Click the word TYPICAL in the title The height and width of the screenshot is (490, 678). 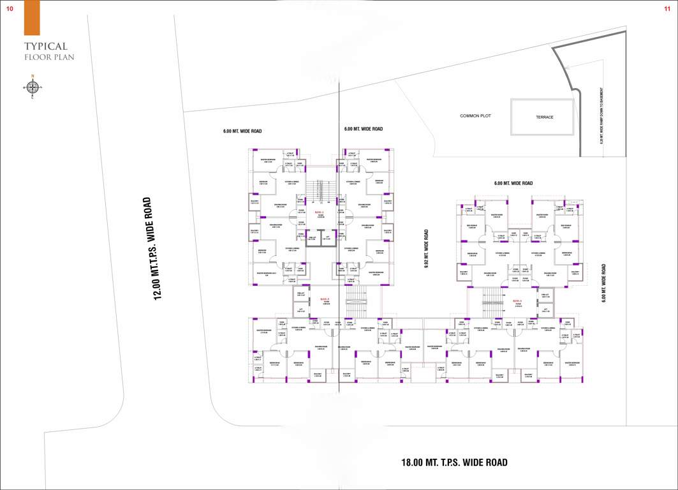tap(46, 47)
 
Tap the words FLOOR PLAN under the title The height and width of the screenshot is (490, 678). tap(49, 57)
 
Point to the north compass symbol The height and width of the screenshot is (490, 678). tap(32, 87)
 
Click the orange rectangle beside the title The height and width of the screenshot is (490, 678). tap(32, 17)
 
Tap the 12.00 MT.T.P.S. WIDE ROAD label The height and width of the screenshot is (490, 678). tap(153, 248)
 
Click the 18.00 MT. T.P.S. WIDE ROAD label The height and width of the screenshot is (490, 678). tap(454, 463)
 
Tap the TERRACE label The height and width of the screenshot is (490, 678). tap(544, 117)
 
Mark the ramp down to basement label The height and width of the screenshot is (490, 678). tap(601, 115)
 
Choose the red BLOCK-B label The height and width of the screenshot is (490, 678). tap(324, 299)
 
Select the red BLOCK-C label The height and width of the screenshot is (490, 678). tap(319, 212)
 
